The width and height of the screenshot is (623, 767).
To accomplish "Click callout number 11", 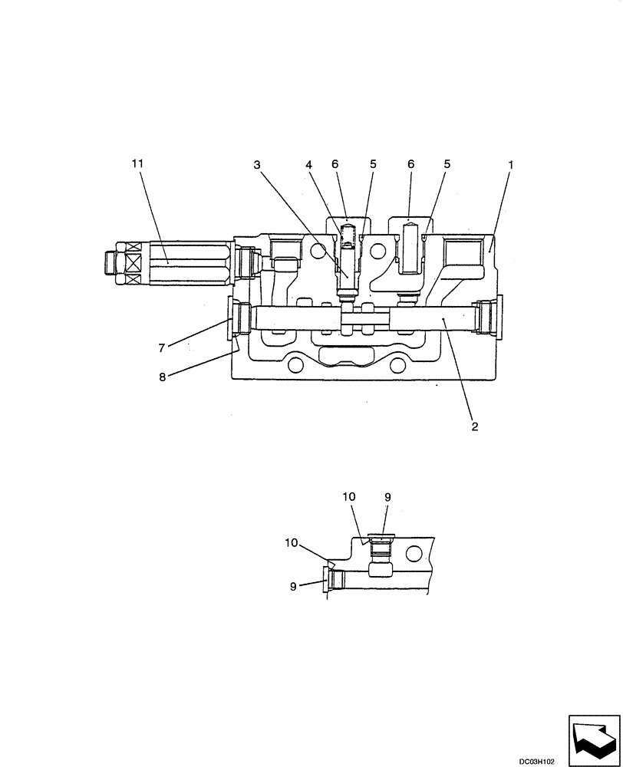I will [x=137, y=163].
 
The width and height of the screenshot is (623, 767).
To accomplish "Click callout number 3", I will [x=257, y=164].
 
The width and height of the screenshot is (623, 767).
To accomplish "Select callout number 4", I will [x=309, y=164].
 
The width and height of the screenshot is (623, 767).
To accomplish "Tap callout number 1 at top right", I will [x=511, y=164].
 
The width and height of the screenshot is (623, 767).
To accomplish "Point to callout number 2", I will [x=475, y=426].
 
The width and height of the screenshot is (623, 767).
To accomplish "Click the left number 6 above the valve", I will [x=335, y=164].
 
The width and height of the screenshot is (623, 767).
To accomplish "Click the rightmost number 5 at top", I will [x=447, y=164].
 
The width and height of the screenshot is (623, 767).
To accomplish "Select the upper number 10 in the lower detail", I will [x=349, y=497].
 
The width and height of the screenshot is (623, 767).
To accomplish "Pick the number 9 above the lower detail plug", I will [x=387, y=497].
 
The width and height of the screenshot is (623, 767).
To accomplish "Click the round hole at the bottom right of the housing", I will [x=399, y=366].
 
